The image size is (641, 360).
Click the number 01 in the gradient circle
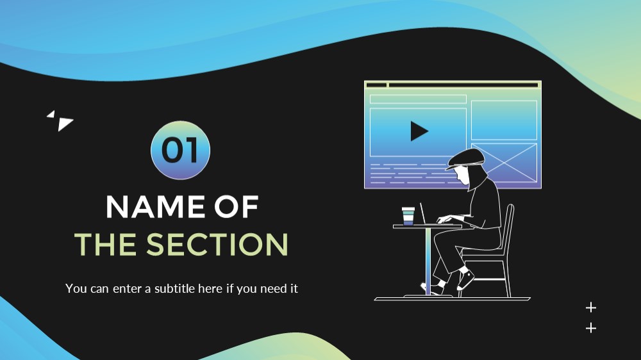point(180,150)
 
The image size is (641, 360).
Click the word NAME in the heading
point(155,207)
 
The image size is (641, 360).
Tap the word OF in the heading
point(237,207)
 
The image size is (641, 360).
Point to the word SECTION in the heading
point(217,244)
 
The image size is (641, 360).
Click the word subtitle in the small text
point(174,288)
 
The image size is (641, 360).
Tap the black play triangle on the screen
point(419,131)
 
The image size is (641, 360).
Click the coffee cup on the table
point(408,216)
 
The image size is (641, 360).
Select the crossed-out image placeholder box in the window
point(504,162)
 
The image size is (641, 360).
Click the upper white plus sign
point(591,307)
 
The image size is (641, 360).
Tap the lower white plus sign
point(591,328)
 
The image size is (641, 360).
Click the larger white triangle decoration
point(64,124)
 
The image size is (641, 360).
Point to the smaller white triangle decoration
point(51,115)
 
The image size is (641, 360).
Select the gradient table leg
point(428,261)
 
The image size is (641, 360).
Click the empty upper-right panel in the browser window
point(504,120)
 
